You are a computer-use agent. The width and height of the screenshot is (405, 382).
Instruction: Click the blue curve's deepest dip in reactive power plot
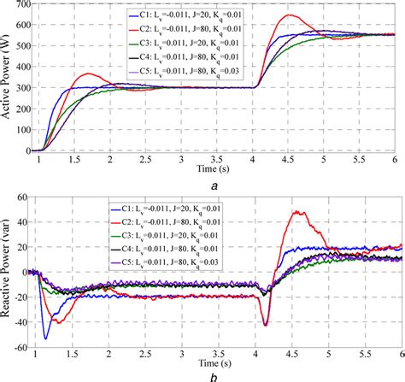(46, 338)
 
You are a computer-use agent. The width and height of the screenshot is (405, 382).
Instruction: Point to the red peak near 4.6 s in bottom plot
(296, 212)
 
